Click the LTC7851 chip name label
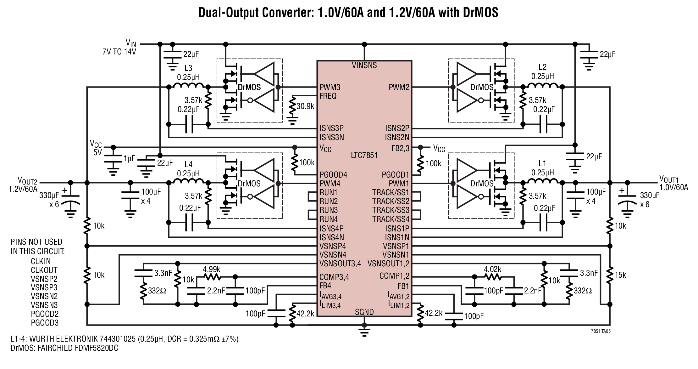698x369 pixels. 364,155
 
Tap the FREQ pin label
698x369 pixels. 328,96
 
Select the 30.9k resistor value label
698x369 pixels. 305,106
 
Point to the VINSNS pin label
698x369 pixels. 364,65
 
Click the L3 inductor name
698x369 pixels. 188,68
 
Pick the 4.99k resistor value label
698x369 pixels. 212,269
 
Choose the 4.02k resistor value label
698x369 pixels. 492,269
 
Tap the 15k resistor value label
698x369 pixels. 620,275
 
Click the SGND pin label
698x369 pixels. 364,312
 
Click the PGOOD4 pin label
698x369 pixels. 333,175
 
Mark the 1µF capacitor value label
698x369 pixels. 129,159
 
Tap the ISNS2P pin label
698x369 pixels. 397,128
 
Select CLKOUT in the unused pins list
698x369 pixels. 44,270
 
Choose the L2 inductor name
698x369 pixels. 543,67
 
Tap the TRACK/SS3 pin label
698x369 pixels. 391,210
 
